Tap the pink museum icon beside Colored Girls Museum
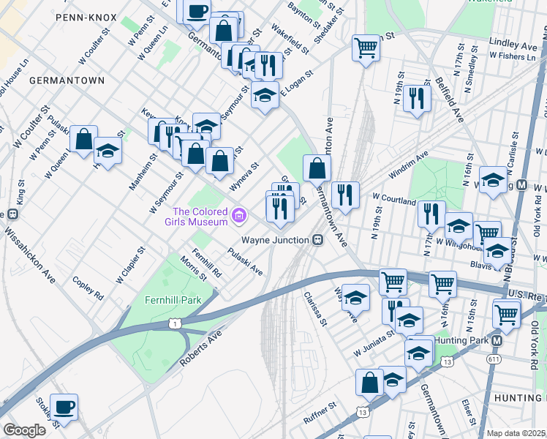point(238,216)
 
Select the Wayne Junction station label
point(275,240)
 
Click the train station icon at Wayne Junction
point(317,240)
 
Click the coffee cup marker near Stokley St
point(64,406)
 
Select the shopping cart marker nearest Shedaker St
point(366,48)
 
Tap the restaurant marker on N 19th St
point(416,97)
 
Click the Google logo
point(24,430)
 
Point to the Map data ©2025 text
point(516,433)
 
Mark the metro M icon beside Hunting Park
point(497,341)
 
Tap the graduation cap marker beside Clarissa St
point(355,297)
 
